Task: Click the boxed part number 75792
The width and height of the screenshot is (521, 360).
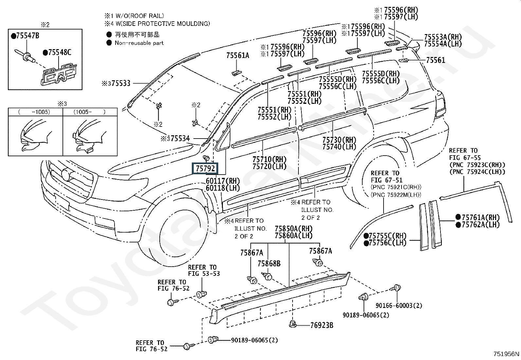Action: [x=205, y=168]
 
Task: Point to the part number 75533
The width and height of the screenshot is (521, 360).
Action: [x=121, y=83]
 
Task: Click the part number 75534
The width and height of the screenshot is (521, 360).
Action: [x=180, y=139]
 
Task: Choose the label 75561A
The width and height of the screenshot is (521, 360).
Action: [x=238, y=55]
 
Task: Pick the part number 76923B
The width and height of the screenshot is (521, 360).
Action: [x=322, y=325]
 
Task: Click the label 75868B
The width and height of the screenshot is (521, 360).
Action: [x=269, y=264]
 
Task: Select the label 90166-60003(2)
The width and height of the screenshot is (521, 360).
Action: [x=399, y=306]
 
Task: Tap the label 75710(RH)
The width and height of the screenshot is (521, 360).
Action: [x=269, y=160]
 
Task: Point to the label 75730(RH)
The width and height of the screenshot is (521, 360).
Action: [x=339, y=140]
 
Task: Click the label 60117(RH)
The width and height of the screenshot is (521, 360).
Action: [x=223, y=181]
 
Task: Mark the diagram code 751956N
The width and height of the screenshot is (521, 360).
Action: [x=506, y=354]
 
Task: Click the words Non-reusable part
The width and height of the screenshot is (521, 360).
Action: [x=139, y=43]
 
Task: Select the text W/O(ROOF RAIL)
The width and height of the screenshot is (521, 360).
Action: [x=140, y=16]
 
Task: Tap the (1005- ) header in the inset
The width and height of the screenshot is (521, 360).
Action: [x=90, y=112]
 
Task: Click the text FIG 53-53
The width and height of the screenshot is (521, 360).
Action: [x=204, y=274]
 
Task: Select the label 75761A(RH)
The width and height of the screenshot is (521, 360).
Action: [x=480, y=218]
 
